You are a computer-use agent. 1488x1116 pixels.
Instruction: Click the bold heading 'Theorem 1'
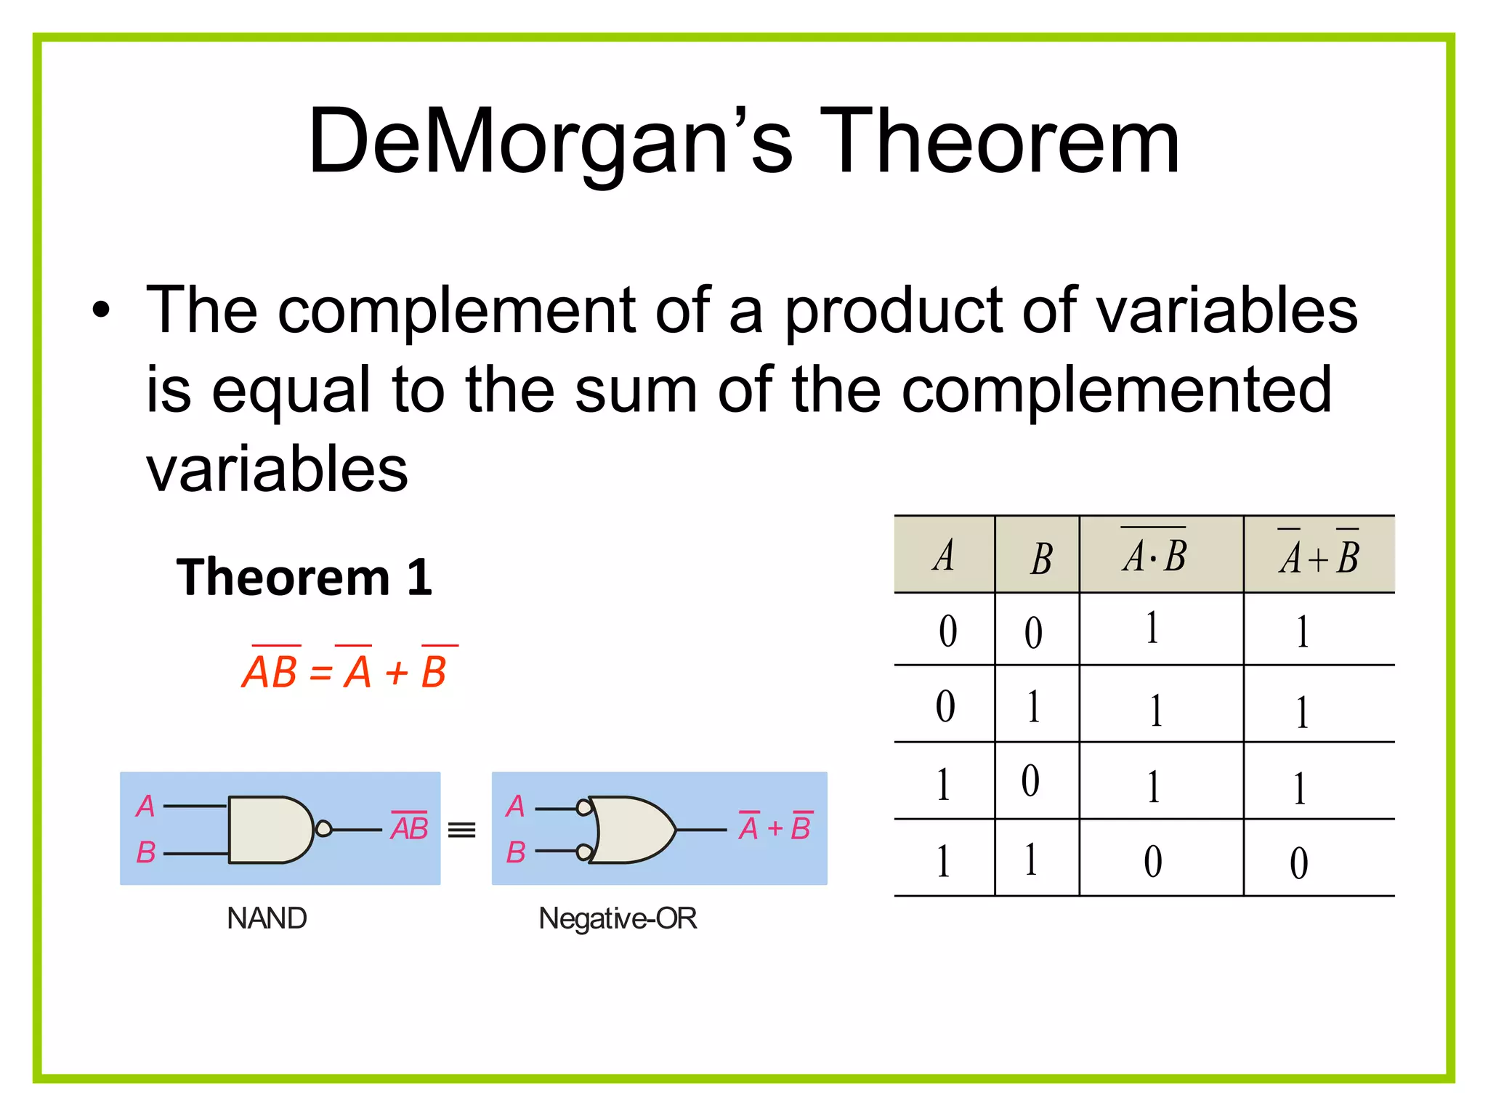(x=304, y=578)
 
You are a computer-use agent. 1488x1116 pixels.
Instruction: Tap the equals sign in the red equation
(x=320, y=674)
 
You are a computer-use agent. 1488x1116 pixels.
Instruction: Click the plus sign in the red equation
(x=397, y=674)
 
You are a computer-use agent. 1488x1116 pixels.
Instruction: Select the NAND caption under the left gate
(x=267, y=918)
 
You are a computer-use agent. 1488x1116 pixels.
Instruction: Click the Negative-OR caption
(x=618, y=918)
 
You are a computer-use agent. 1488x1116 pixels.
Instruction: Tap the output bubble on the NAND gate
(x=324, y=829)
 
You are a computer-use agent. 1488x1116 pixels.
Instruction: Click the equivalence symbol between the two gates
(x=462, y=830)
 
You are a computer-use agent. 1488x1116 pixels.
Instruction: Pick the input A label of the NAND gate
(x=145, y=806)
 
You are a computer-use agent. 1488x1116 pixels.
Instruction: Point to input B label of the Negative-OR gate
(x=516, y=852)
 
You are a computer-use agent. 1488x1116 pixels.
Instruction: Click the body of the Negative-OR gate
(x=632, y=829)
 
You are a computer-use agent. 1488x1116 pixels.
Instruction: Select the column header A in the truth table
(x=944, y=557)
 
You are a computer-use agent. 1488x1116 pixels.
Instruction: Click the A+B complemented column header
(x=1319, y=557)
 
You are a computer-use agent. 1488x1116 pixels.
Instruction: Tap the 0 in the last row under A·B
(x=1153, y=862)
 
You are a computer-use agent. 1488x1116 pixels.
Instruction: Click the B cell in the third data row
(x=1031, y=782)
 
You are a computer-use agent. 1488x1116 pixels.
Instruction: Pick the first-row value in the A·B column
(x=1152, y=629)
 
